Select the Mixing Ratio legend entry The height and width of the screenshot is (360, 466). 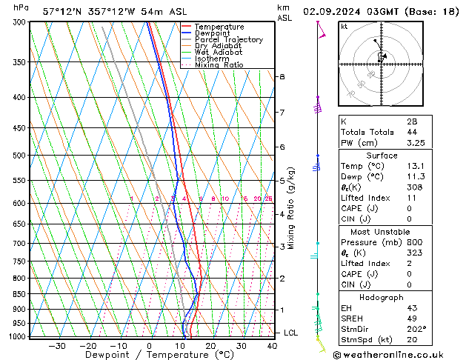[x=213, y=65]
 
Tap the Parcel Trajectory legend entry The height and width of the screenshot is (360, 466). [x=221, y=39]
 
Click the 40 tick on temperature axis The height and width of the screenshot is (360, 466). [x=273, y=345]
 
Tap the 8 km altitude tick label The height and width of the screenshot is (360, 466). [x=282, y=76]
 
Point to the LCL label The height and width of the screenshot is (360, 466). [x=291, y=333]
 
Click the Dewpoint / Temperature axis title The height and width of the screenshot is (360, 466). [x=150, y=355]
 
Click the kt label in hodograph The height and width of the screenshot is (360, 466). [x=344, y=26]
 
